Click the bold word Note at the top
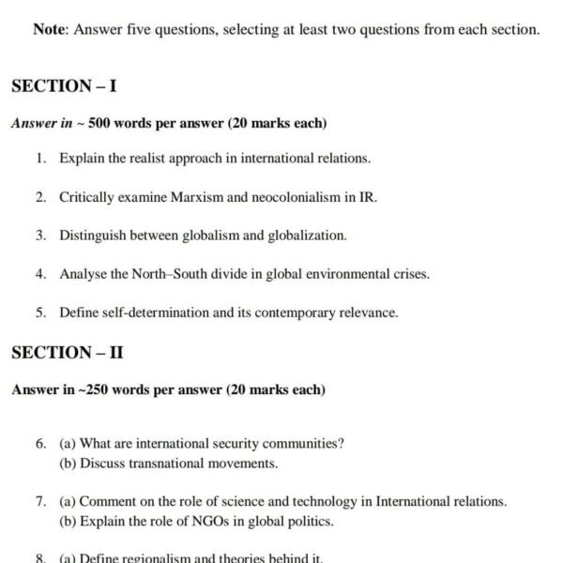50,29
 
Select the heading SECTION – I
64,85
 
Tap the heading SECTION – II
68,353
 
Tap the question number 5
41,312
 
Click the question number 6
41,443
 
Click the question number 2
41,197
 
